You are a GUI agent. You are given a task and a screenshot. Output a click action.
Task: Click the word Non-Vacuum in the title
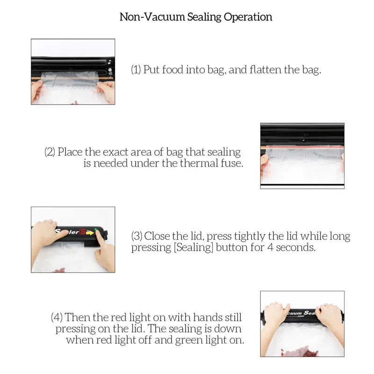tap(152, 17)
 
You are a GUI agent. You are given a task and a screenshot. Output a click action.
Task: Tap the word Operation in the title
tap(248, 17)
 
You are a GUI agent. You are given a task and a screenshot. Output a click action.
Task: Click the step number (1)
tap(136, 70)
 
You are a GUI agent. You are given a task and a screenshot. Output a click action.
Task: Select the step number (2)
tap(50, 152)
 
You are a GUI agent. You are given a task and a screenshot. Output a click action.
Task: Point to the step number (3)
tap(137, 236)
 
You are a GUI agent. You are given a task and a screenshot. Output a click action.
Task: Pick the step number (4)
tap(57, 317)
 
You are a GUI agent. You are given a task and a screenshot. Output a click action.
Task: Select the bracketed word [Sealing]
tap(194, 247)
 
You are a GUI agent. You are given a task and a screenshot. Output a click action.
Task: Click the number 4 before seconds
tap(270, 247)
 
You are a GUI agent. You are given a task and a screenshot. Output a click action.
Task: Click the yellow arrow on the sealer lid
tap(90, 232)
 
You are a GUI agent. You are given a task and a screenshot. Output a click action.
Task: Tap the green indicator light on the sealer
tap(96, 230)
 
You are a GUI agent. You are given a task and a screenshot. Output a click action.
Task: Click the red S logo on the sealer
tap(83, 231)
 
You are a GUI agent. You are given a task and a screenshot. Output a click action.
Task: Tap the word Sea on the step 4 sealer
tap(310, 313)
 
